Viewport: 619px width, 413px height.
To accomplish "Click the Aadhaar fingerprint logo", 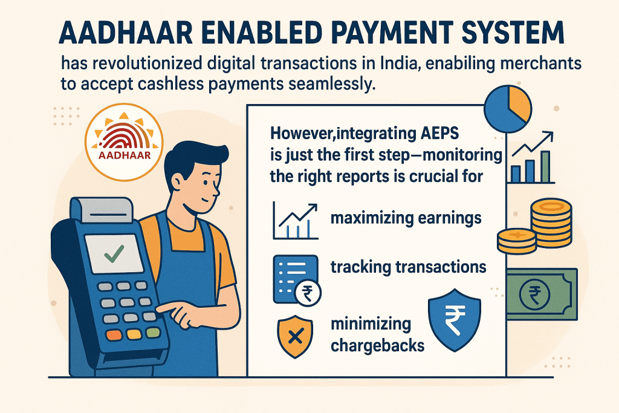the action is point(124,141).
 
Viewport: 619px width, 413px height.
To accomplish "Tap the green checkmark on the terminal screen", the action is point(114,254).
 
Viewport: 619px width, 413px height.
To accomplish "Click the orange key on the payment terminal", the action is point(114,335).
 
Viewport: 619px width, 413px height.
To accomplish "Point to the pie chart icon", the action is point(508,109).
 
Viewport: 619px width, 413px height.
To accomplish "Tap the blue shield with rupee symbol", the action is point(455,320).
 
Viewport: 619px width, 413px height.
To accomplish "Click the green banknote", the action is point(542,294).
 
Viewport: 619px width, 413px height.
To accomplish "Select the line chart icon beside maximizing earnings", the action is point(295,221).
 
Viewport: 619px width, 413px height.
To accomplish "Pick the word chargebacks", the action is point(377,346).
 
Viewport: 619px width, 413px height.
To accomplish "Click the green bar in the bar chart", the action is point(546,167).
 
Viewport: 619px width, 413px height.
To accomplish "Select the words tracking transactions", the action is point(408,267).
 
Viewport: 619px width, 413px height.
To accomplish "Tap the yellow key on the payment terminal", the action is point(134,334).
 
